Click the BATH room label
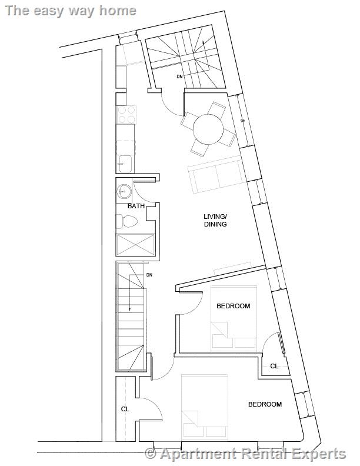[136, 207]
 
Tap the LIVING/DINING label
[215, 221]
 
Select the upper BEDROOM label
[233, 306]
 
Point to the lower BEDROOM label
[265, 404]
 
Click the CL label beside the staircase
[125, 409]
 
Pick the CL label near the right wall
[274, 366]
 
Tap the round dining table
[208, 129]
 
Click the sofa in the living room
[215, 175]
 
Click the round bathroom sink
[124, 191]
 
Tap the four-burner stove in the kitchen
[126, 114]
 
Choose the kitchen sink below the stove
[125, 163]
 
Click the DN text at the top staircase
[179, 76]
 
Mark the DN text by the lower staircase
[149, 275]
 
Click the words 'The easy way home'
[70, 10]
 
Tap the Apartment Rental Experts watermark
[246, 454]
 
